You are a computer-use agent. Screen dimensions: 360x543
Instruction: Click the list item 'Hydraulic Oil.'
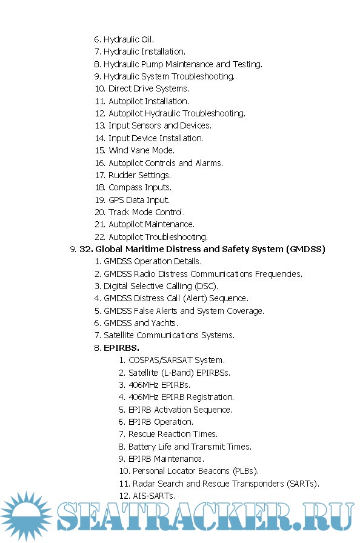pos(128,39)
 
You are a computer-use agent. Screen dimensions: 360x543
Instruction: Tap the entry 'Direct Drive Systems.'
pos(148,88)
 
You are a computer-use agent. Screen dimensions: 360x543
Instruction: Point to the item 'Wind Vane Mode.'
pos(141,150)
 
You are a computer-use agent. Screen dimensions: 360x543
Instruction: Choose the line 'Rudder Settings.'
pos(139,175)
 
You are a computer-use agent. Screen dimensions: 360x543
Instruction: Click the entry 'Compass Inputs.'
pos(139,187)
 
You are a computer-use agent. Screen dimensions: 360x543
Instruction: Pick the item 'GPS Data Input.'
pos(139,200)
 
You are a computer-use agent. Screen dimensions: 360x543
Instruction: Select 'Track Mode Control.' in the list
pos(147,212)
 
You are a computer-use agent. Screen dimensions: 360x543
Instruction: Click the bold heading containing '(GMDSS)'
pos(202,249)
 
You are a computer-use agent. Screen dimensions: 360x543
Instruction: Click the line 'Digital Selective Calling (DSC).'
pos(161,286)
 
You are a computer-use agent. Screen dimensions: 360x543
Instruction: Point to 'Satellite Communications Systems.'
pos(168,335)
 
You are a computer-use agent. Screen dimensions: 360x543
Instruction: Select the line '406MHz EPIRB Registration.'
pos(181,397)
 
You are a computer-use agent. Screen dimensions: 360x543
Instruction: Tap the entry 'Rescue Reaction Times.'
pos(173,434)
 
